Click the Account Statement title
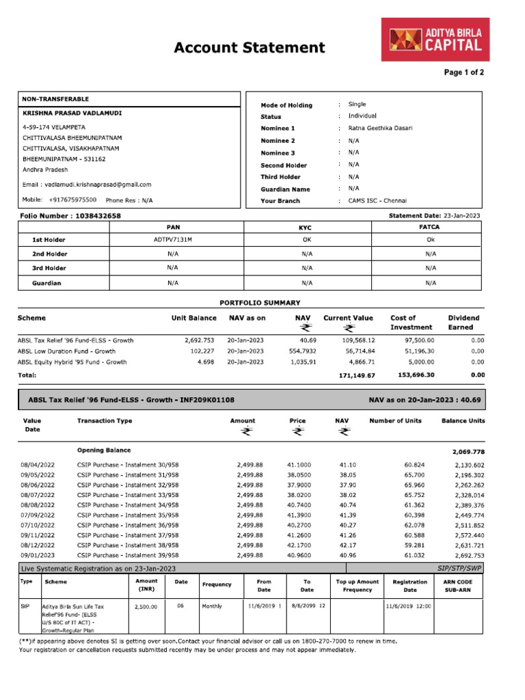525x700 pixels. tap(249, 47)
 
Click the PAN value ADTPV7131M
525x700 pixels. tap(173, 240)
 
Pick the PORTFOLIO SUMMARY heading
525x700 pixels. tap(259, 303)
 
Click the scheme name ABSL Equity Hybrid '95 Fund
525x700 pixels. tap(72, 362)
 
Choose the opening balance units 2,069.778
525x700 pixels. tap(468, 452)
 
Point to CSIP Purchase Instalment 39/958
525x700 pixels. tap(128, 556)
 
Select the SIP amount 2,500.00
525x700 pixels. tap(146, 606)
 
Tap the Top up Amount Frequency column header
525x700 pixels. tap(358, 585)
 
